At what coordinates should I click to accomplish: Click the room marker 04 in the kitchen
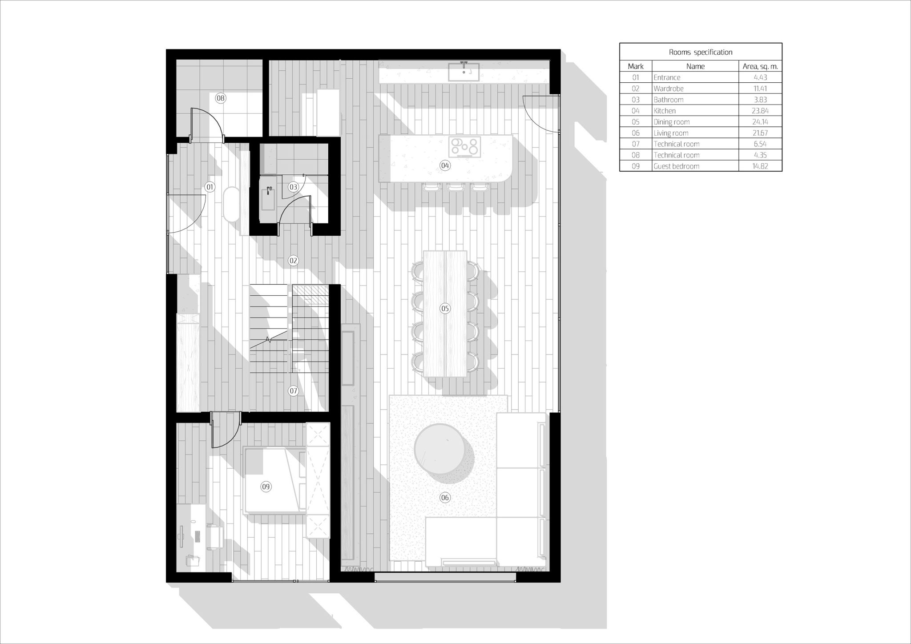pos(445,166)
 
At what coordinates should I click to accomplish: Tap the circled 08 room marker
pos(220,98)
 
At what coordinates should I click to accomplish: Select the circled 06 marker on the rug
pos(445,498)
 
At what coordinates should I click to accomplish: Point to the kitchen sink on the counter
pos(464,71)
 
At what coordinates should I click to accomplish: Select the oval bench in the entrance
pos(231,204)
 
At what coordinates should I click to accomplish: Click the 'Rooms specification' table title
pos(701,52)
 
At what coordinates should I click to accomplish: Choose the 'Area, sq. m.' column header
pos(760,66)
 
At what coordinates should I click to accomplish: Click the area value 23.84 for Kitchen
pos(760,111)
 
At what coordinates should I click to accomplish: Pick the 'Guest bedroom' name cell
pos(676,166)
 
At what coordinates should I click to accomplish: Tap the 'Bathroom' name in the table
pos(669,100)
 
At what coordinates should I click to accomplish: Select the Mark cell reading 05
pos(636,122)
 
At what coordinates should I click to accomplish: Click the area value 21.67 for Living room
pos(760,133)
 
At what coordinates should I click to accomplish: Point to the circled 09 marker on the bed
pos(266,487)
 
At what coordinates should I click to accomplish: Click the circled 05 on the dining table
pos(445,308)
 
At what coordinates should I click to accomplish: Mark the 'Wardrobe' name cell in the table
pos(669,89)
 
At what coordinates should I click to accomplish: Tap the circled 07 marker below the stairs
pos(293,391)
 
